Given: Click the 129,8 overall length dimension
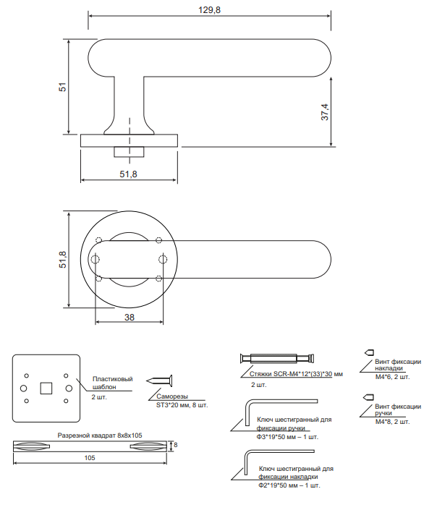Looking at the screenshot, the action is tap(209, 10).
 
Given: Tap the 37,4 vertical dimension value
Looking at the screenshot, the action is tap(325, 112).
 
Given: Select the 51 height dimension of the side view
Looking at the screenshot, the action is tap(62, 87).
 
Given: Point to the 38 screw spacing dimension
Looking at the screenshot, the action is tap(130, 317).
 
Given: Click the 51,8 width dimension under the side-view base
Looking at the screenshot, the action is tap(128, 174).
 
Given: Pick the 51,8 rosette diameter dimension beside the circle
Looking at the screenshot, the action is tap(62, 260).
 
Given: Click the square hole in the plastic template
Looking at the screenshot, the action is tap(46, 388).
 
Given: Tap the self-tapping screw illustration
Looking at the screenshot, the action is tap(159, 381).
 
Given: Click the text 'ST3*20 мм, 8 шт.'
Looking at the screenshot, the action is tap(182, 405).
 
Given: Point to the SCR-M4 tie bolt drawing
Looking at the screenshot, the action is tap(277, 358).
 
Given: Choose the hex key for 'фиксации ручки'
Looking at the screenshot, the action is tap(281, 412).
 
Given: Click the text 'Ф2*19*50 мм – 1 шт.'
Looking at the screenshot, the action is tap(289, 485).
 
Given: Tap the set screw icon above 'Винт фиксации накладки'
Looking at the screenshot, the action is tap(369, 352).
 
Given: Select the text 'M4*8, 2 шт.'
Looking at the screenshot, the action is tap(392, 422).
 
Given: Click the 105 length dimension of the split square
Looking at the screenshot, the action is tap(90, 458).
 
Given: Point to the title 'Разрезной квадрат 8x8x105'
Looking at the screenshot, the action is tap(100, 435).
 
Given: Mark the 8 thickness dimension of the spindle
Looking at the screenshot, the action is tap(176, 445).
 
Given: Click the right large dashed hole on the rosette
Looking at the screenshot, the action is tap(163, 260).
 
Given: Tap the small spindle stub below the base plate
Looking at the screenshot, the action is tap(129, 152).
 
